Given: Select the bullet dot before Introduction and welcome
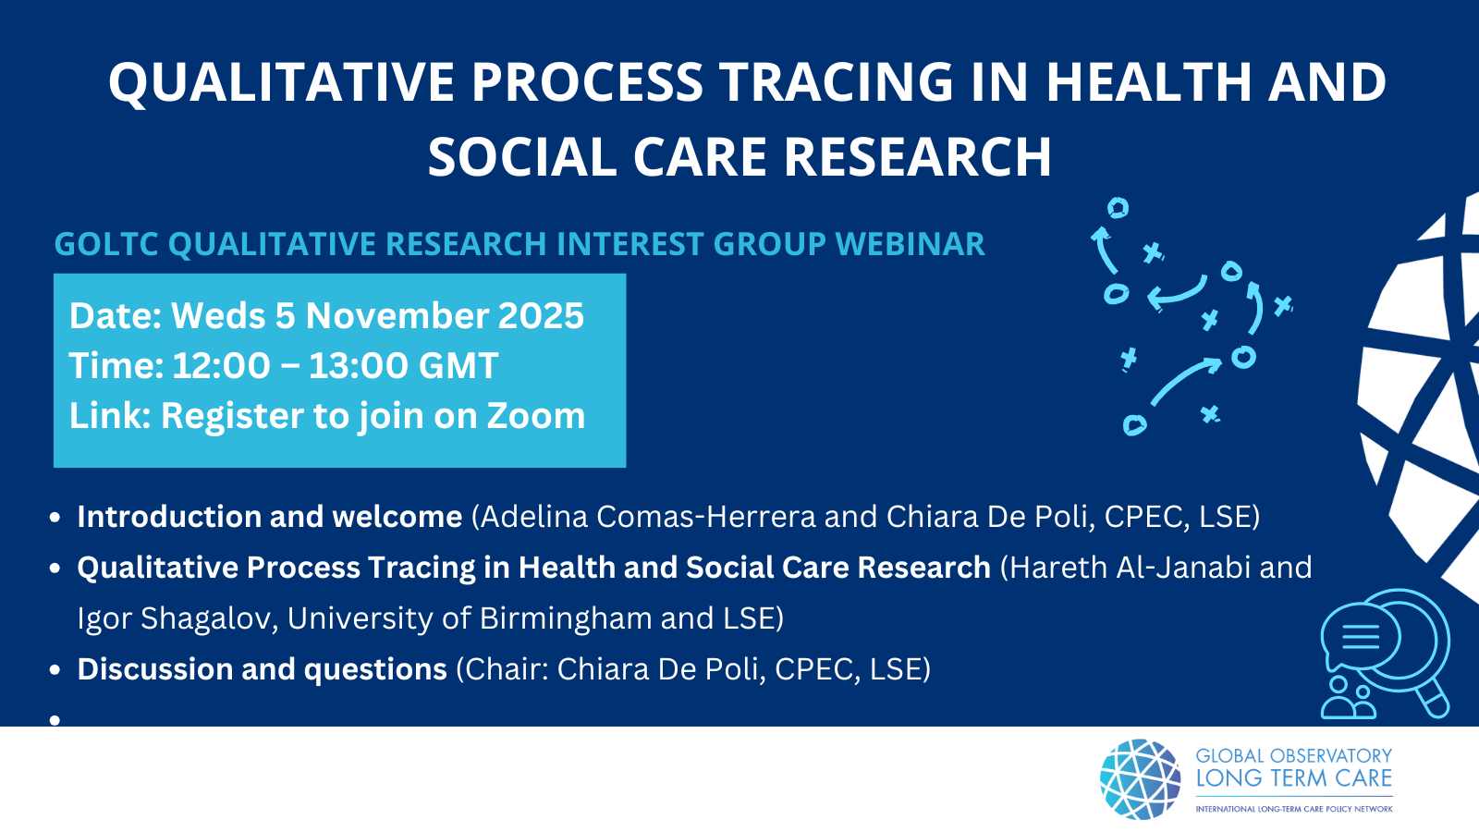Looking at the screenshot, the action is tap(55, 517).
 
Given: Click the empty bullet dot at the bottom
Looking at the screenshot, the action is tap(55, 720).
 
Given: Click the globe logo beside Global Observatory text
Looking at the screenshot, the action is tap(1140, 779).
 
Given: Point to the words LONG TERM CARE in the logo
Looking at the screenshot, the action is tap(1293, 778).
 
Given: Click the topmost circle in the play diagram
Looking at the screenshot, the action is tap(1118, 208).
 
